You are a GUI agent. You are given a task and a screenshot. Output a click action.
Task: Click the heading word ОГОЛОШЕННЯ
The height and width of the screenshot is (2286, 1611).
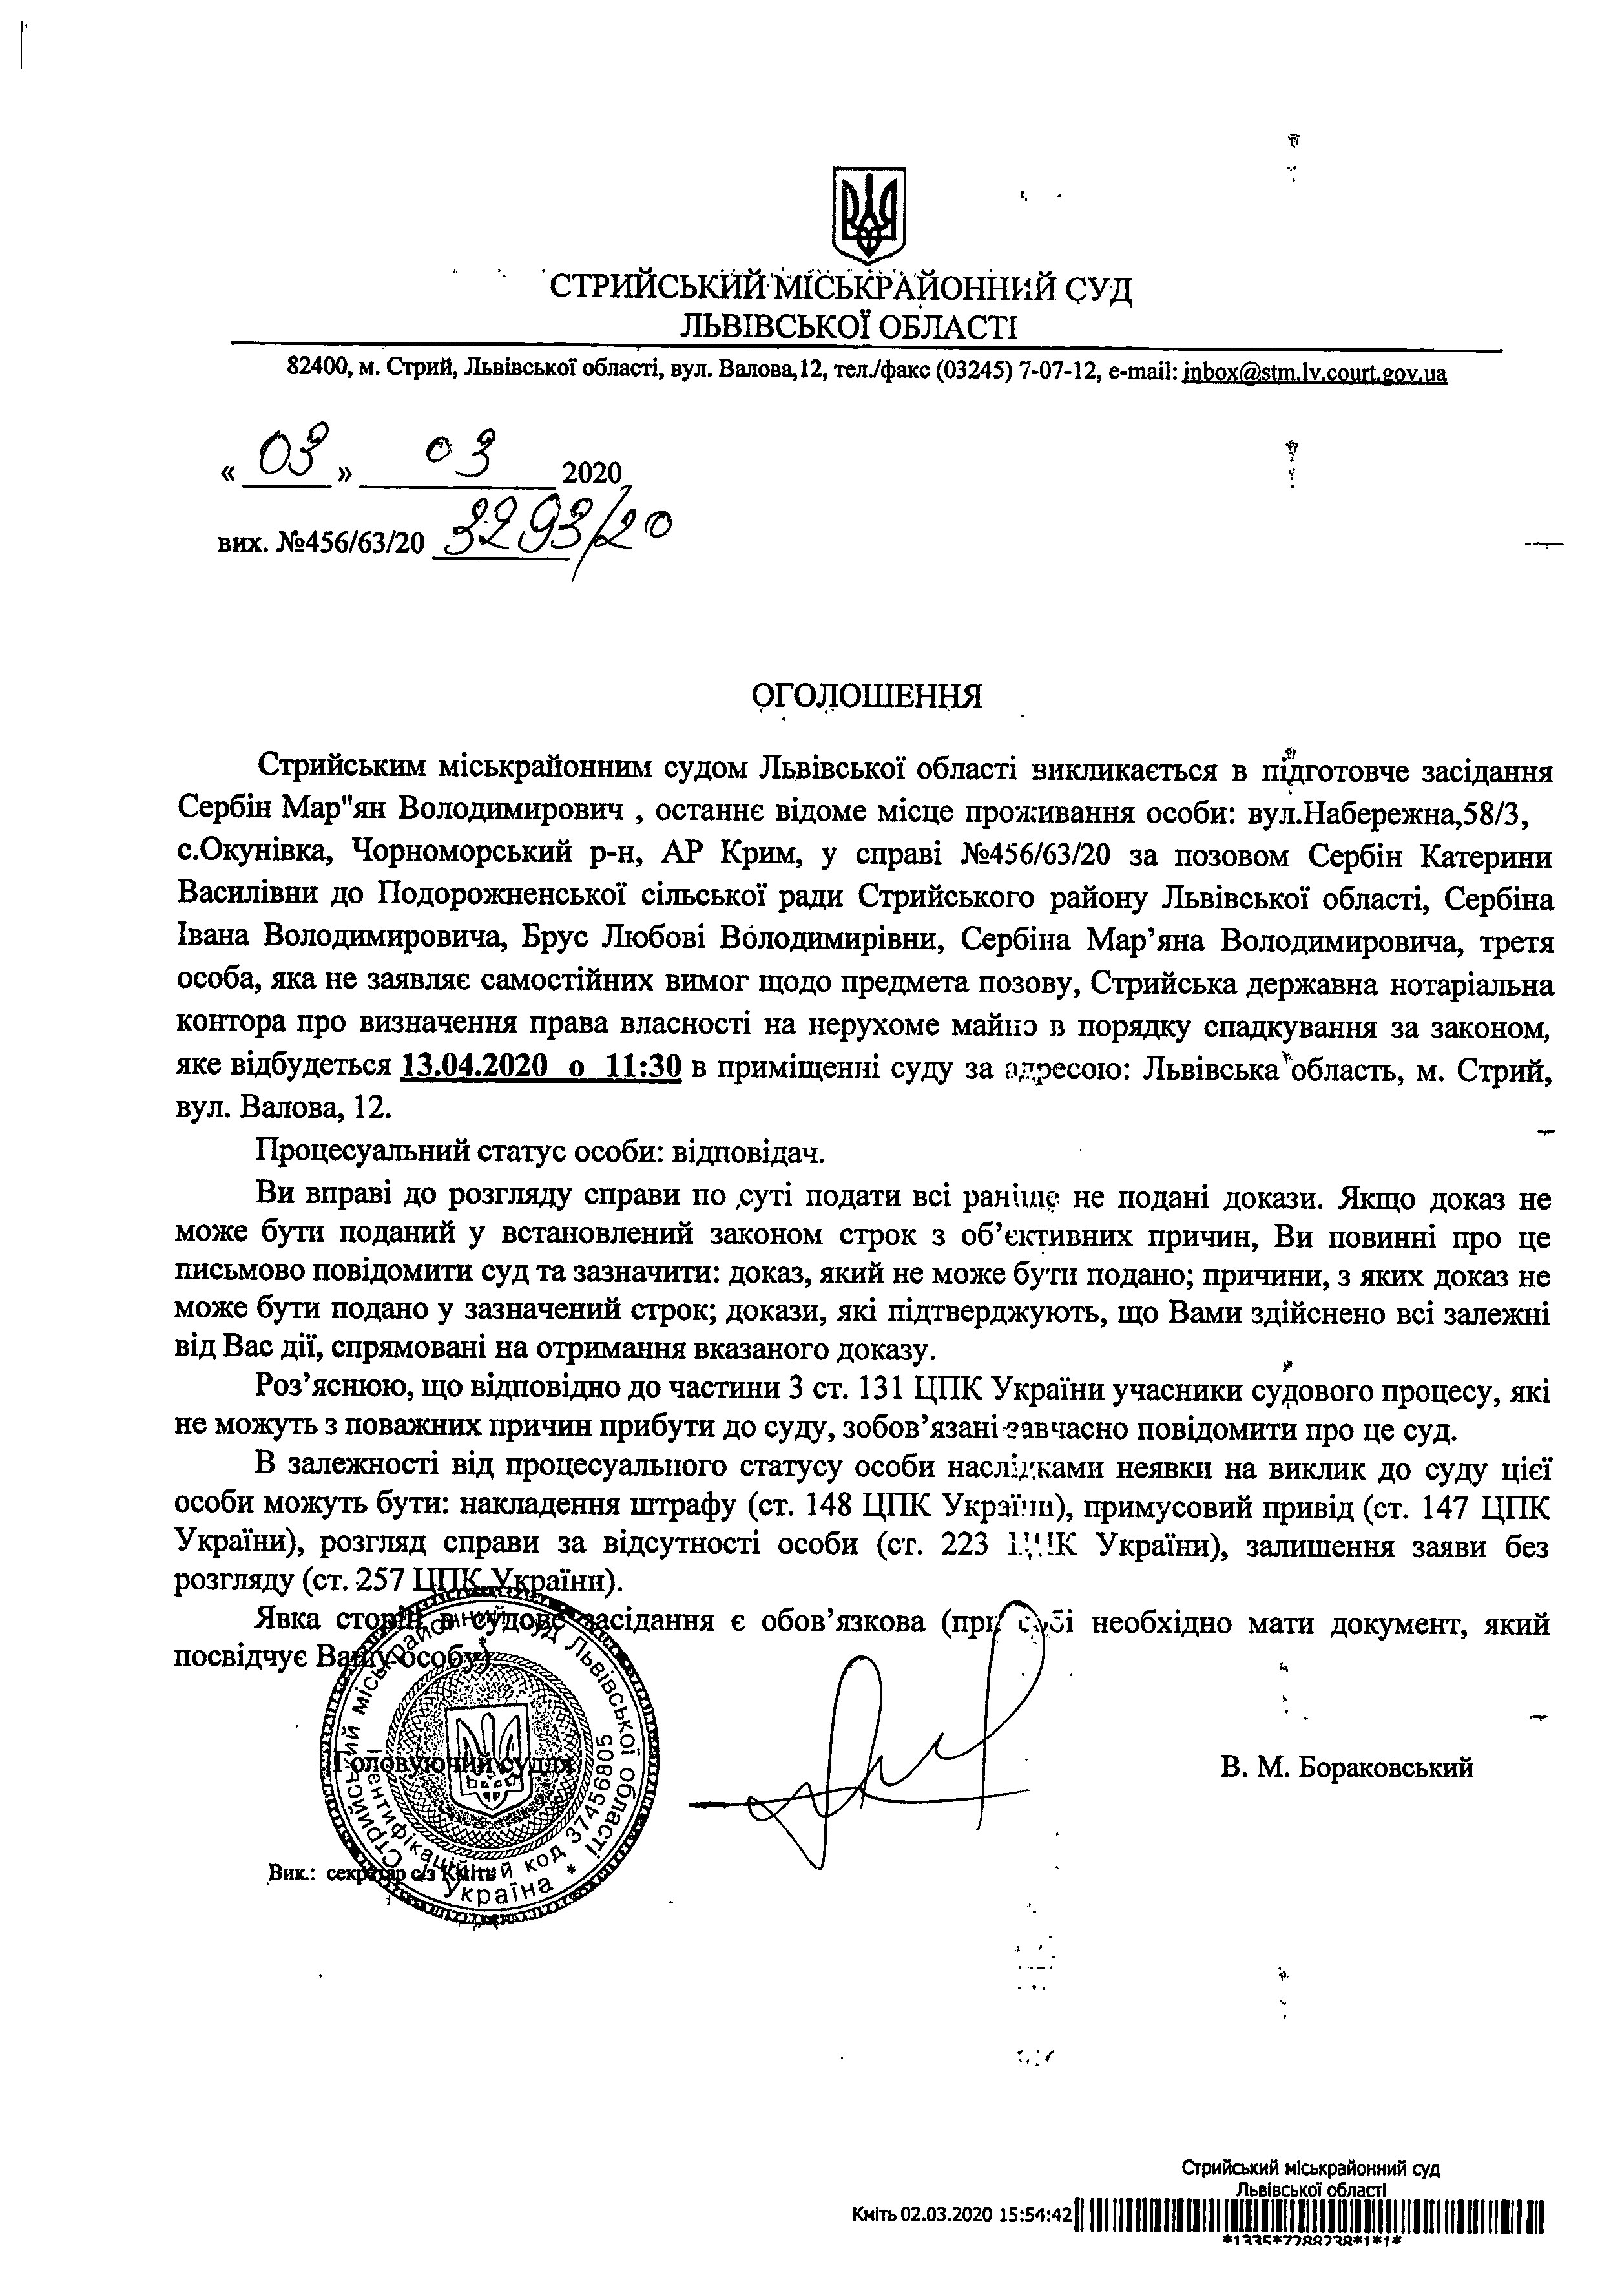pyautogui.click(x=866, y=695)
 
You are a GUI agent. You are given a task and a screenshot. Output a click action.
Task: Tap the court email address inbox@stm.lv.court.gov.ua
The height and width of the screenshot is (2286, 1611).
pyautogui.click(x=1315, y=373)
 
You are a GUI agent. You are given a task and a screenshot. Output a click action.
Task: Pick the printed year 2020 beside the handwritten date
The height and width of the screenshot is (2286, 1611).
pyautogui.click(x=592, y=473)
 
